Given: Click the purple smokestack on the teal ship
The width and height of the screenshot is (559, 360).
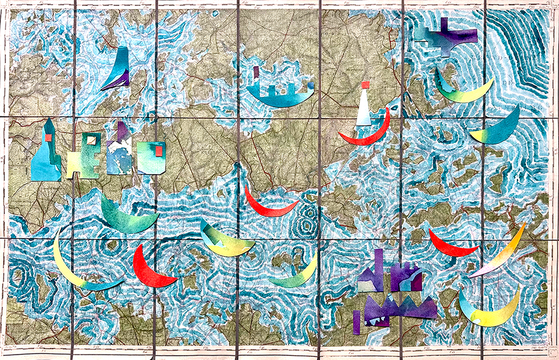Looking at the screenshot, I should pos(256,73).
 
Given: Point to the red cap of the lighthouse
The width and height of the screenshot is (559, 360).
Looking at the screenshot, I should pos(365,85).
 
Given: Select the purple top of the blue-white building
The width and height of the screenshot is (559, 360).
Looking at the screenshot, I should pos(122,131).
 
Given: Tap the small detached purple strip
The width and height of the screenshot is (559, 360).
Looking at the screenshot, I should pos(356,322).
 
